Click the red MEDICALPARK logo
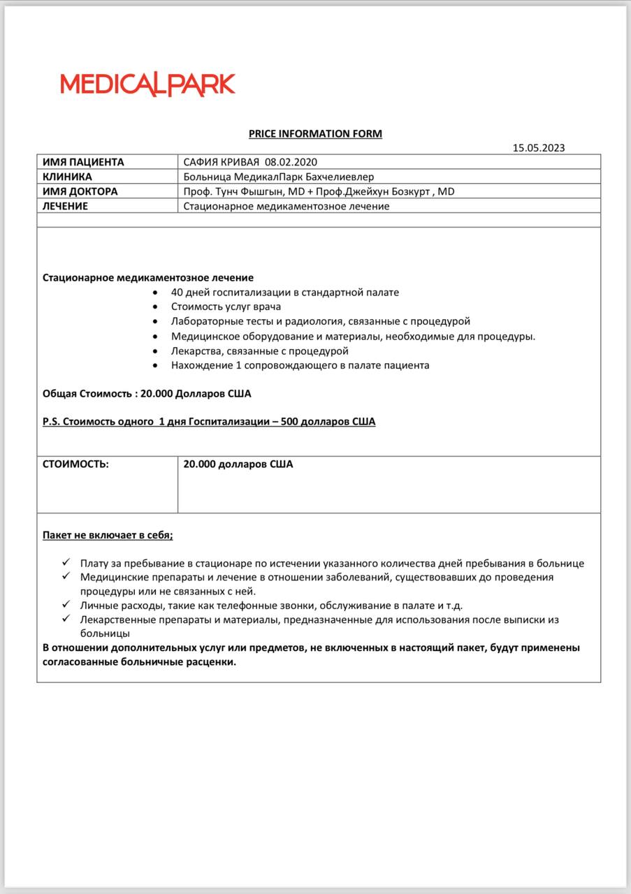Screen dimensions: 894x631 (147, 85)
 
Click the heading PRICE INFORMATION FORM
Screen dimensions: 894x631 (315, 133)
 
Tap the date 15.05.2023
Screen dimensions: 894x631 (538, 147)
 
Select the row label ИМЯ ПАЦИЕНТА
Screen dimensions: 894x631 (83, 162)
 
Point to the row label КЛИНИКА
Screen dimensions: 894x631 (67, 177)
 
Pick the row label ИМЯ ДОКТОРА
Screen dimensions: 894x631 (80, 191)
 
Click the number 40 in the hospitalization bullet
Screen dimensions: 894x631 (177, 292)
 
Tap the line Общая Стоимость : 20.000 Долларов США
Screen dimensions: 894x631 (147, 394)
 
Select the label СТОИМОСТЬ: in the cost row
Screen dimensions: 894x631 (75, 464)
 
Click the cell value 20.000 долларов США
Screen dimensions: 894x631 (238, 464)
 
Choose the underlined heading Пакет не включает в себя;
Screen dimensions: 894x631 (108, 535)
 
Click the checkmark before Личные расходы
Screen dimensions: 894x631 (66, 604)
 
